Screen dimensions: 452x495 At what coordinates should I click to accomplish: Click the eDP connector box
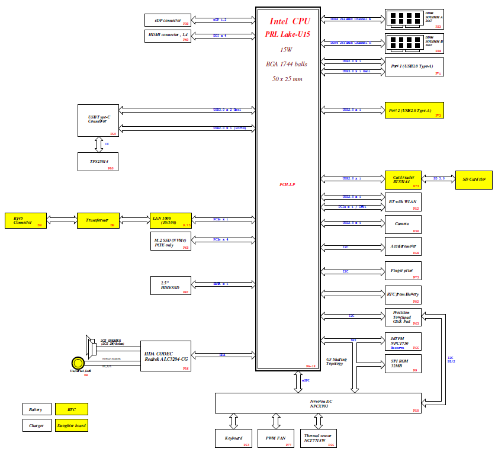(168, 20)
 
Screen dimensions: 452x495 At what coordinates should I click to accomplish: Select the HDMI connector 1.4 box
(168, 36)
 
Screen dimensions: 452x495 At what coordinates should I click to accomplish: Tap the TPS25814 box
(98, 162)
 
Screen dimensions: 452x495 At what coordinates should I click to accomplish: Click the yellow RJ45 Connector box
(25, 220)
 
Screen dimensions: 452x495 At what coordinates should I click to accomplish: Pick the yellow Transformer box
(98, 220)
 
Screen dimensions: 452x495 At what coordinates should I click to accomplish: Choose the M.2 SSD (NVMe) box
(170, 241)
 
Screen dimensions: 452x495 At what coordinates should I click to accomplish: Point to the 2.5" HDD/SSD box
(171, 286)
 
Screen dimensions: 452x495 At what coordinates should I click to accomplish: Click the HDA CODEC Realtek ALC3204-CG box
(166, 356)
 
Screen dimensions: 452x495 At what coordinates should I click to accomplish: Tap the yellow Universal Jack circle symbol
(77, 363)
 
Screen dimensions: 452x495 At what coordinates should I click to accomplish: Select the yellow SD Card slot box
(473, 180)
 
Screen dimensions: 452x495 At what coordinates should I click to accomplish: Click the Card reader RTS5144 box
(403, 180)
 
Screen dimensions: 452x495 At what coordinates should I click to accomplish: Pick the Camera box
(403, 224)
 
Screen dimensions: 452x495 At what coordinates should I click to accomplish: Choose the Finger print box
(403, 271)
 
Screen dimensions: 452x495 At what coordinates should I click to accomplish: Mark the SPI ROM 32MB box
(403, 363)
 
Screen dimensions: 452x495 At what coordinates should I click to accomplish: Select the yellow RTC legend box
(72, 408)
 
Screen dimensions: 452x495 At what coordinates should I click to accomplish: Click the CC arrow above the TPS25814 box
(98, 144)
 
